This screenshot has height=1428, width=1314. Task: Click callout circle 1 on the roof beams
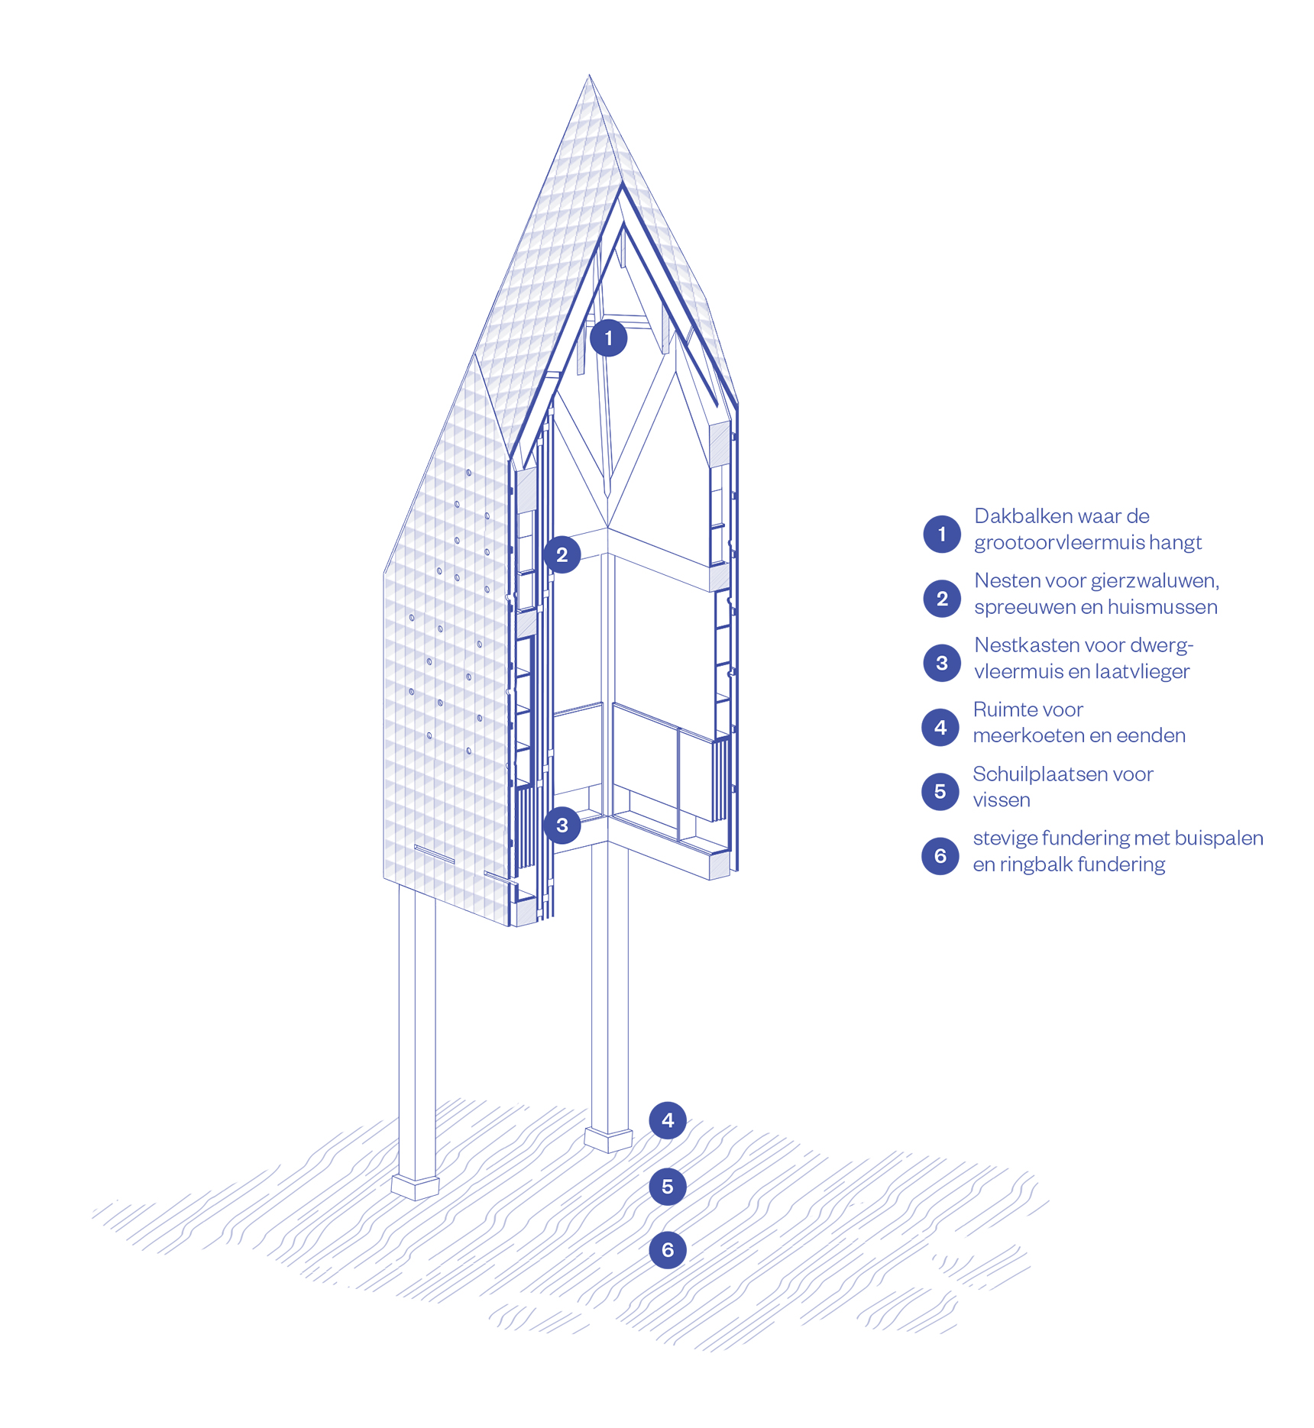pyautogui.click(x=608, y=338)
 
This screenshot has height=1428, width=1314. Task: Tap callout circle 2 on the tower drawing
pyautogui.click(x=562, y=555)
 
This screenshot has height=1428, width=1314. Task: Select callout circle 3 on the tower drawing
pyautogui.click(x=562, y=825)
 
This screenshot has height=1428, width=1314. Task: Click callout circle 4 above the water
pyautogui.click(x=668, y=1120)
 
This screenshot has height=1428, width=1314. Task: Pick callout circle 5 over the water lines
pyautogui.click(x=668, y=1187)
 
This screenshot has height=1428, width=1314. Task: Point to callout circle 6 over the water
pyautogui.click(x=668, y=1250)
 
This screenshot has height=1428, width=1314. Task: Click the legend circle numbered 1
pyautogui.click(x=942, y=534)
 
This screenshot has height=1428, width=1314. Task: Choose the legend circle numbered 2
pyautogui.click(x=942, y=599)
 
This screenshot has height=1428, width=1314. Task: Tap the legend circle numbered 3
pyautogui.click(x=942, y=663)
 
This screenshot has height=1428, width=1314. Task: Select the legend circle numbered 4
pyautogui.click(x=940, y=728)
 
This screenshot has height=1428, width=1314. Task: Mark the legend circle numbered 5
pyautogui.click(x=940, y=792)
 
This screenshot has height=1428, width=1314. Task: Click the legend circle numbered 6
pyautogui.click(x=940, y=856)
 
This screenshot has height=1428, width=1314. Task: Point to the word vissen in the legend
pyautogui.click(x=1002, y=800)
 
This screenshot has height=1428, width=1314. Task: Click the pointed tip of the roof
pyautogui.click(x=589, y=76)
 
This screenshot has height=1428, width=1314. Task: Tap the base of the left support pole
pyautogui.click(x=416, y=1187)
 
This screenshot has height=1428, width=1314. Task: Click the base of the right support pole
pyautogui.click(x=608, y=1139)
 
